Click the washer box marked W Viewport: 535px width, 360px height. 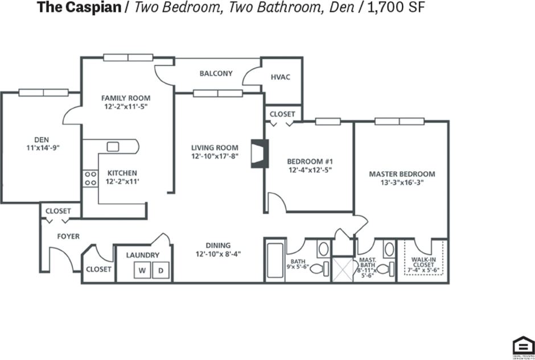tap(141, 271)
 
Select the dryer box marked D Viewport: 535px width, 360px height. tap(160, 271)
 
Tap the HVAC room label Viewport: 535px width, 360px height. tap(281, 77)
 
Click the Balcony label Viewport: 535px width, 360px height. tap(216, 73)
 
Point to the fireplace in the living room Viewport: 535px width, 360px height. tap(258, 154)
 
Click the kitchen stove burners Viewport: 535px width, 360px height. tap(90, 179)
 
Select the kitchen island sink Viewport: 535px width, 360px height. tap(113, 147)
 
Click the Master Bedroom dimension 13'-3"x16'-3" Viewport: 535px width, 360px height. tap(402, 183)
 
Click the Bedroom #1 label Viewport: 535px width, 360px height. tap(309, 160)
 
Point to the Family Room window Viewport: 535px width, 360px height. tap(127, 57)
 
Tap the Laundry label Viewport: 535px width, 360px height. tap(142, 255)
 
